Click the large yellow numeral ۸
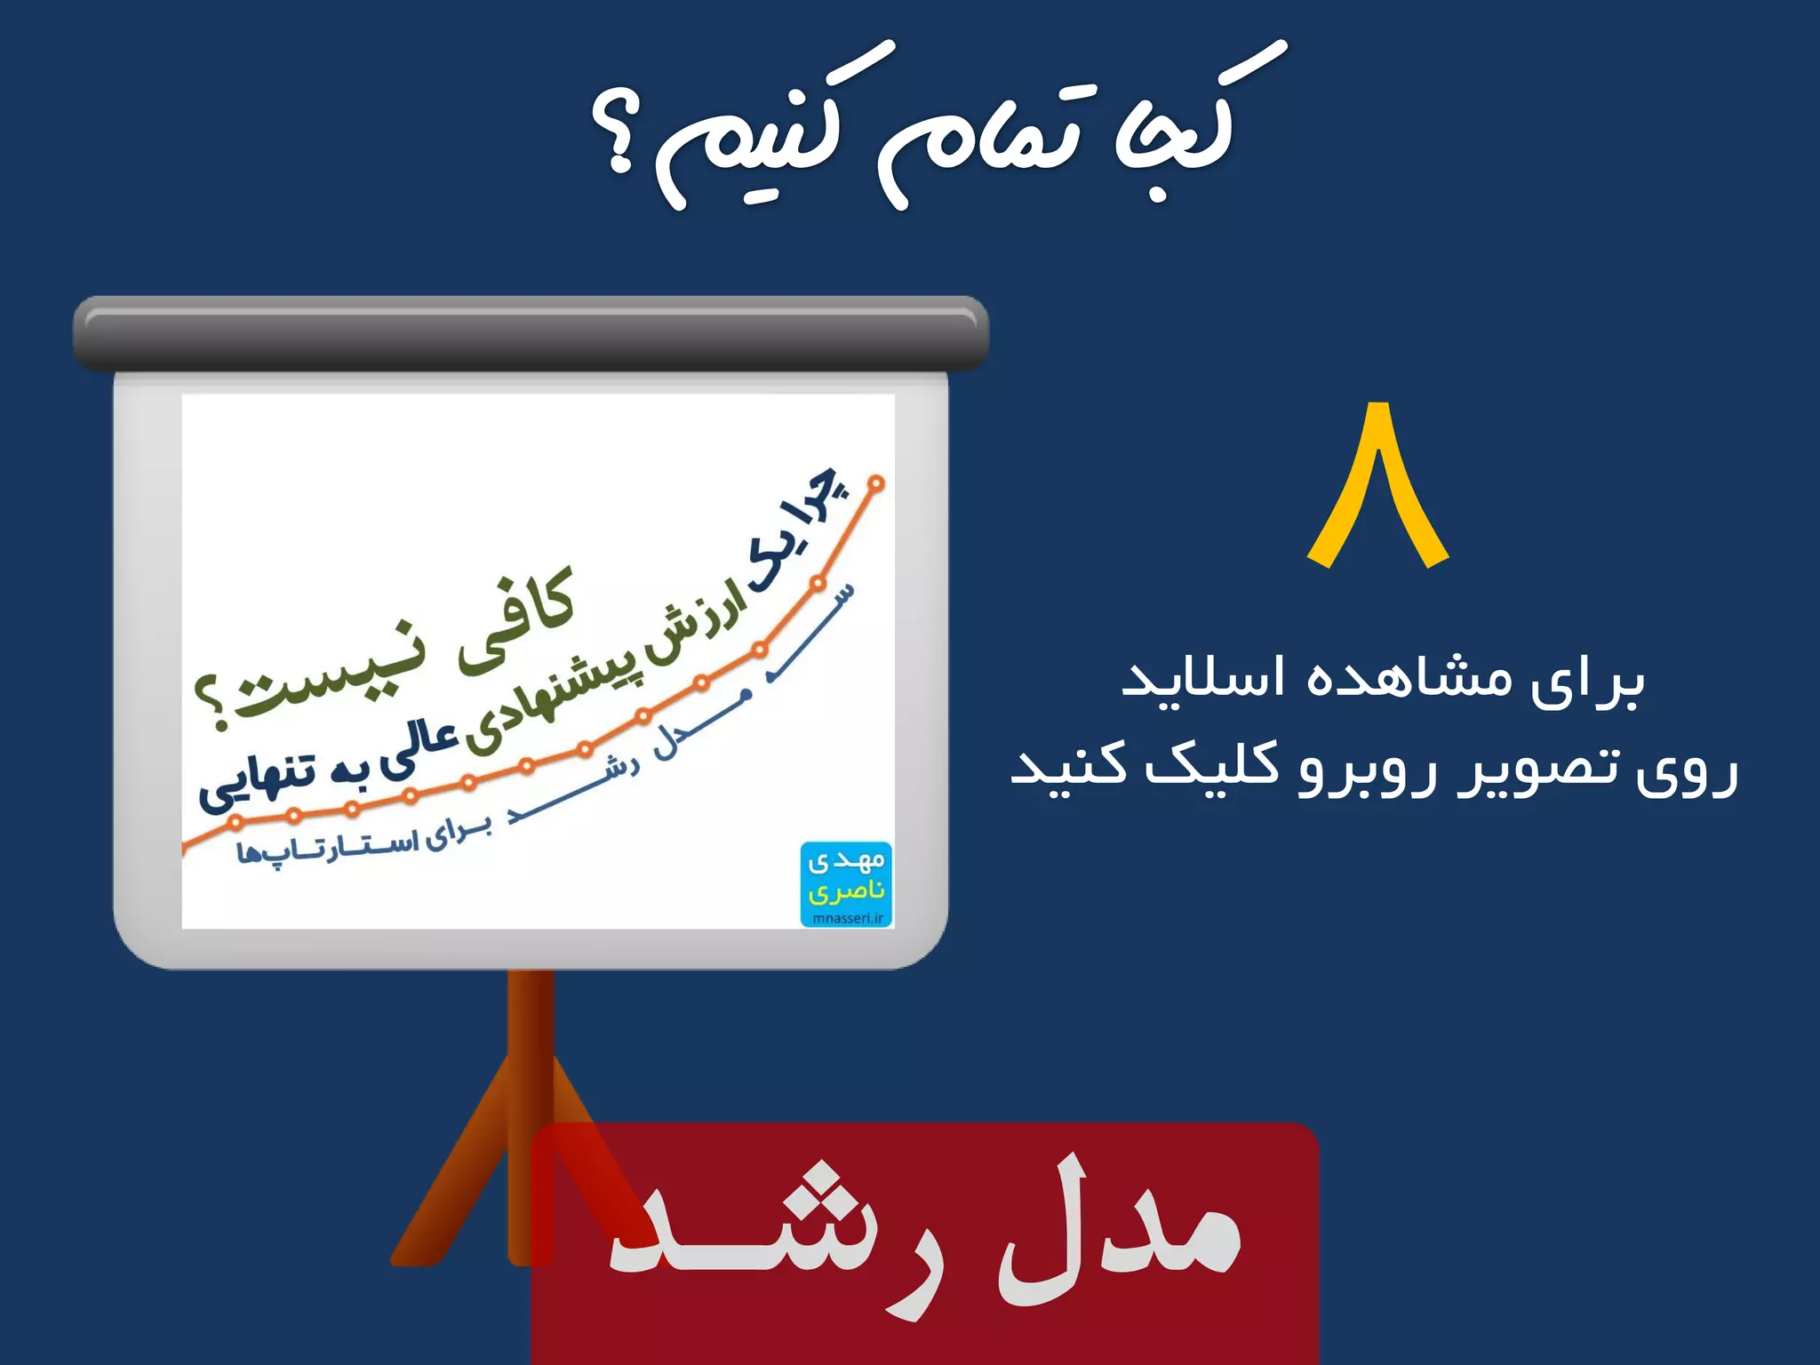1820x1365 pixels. pyautogui.click(x=1378, y=484)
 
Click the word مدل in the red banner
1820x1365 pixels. pyautogui.click(x=1120, y=1231)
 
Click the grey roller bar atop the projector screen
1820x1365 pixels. pyautogui.click(x=531, y=333)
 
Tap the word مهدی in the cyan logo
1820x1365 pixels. pyautogui.click(x=847, y=860)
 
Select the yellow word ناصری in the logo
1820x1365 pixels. pyautogui.click(x=847, y=890)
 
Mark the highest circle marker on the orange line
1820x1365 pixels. pyautogui.click(x=876, y=483)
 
